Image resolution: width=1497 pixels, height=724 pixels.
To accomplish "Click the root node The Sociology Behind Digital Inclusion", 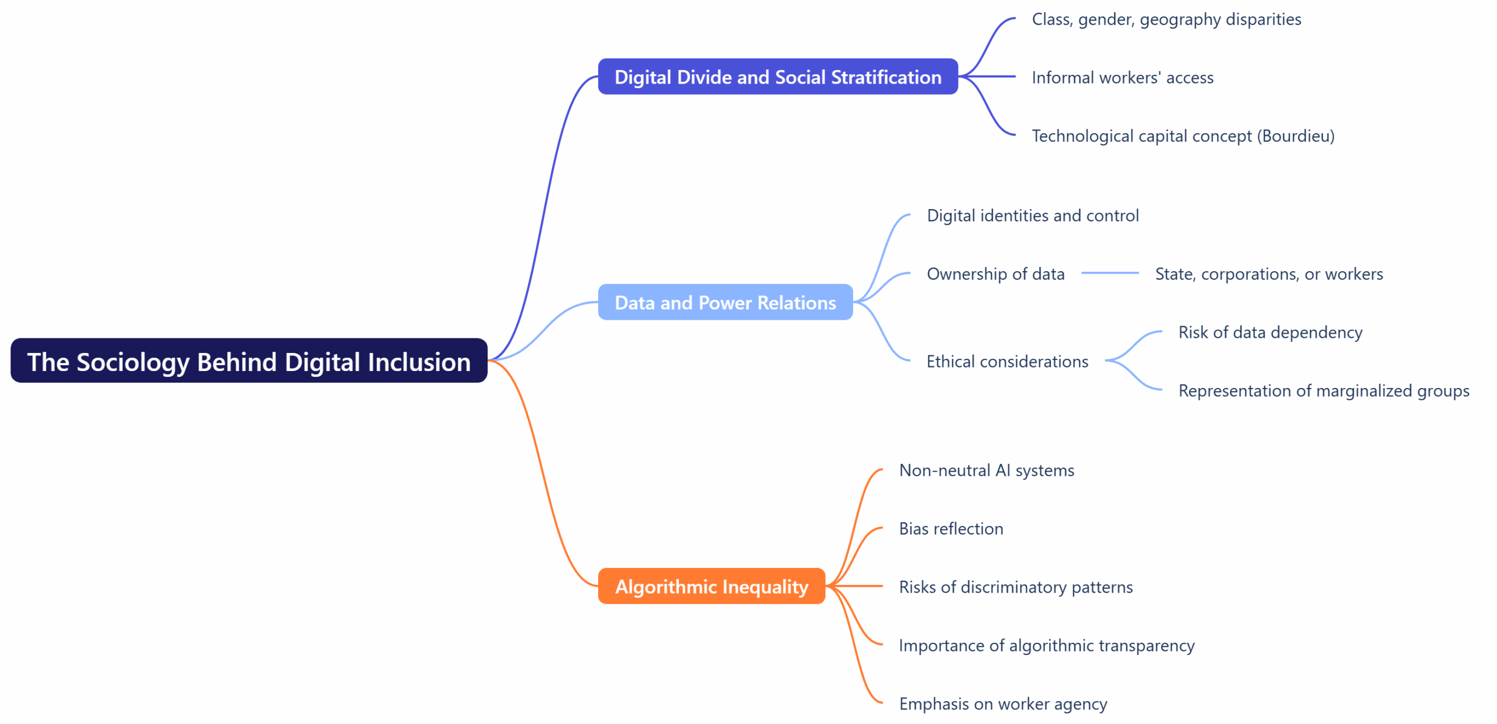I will coord(249,361).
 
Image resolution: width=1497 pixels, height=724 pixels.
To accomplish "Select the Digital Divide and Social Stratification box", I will coord(777,77).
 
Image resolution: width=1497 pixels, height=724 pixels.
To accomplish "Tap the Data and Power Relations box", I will coord(725,302).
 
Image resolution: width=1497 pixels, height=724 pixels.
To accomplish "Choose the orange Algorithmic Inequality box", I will coord(711,586).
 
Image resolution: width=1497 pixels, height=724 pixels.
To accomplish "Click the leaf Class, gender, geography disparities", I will coord(1165,19).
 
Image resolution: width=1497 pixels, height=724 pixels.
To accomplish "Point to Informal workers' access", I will coord(1122,78).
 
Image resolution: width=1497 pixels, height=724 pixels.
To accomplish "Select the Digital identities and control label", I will coord(1032,216).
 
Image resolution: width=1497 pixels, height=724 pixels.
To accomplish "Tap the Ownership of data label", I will coord(995,274).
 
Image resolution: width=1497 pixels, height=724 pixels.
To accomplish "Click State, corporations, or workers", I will coord(1268,274).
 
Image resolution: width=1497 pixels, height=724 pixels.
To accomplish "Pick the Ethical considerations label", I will coord(1006,362).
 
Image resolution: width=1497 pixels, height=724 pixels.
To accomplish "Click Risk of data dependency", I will coord(1270,332).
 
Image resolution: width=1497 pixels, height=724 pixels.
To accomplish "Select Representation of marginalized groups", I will coord(1323,391).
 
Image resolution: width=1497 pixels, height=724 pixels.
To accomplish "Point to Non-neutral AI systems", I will coord(986,470).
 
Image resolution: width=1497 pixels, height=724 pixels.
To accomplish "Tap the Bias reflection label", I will coord(950,529).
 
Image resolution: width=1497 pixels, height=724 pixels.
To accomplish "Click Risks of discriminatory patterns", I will coord(1015,587).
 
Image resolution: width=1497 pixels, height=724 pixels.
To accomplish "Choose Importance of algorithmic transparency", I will coord(1046,646).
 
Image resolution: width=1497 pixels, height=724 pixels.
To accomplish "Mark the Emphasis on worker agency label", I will coord(1002,704).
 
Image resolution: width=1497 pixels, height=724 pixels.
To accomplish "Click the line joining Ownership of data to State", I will coord(1109,273).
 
